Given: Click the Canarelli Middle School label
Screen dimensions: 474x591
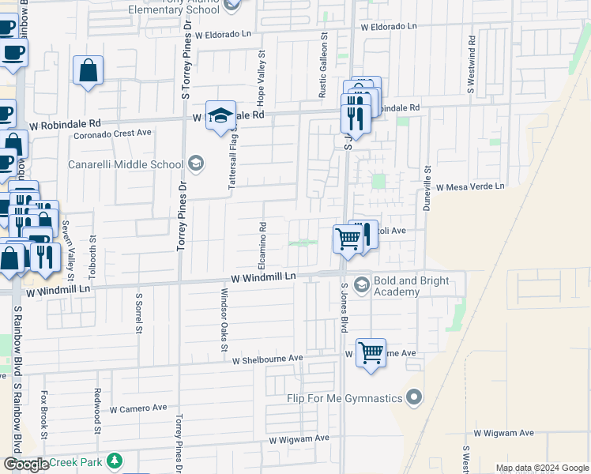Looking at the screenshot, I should coord(125,164).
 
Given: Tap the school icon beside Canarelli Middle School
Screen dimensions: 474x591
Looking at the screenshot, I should coord(195,164).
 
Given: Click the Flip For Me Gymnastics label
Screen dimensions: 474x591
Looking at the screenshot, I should coord(344,398).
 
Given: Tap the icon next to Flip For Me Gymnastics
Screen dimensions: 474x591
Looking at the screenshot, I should coord(415,397).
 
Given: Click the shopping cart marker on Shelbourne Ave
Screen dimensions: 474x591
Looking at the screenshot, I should coord(371,352).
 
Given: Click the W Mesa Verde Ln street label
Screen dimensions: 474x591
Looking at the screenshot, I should coord(471,186).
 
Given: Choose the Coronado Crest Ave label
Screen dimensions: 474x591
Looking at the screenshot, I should coord(112,133).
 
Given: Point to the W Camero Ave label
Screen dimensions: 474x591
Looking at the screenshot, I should coord(138,408).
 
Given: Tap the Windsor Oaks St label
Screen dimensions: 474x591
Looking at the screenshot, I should coord(224,320).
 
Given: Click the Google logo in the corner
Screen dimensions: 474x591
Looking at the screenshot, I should coord(26,465).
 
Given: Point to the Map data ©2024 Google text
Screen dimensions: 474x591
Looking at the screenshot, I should coord(541,468).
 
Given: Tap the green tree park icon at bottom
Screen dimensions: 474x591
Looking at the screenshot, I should coord(115,461).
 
